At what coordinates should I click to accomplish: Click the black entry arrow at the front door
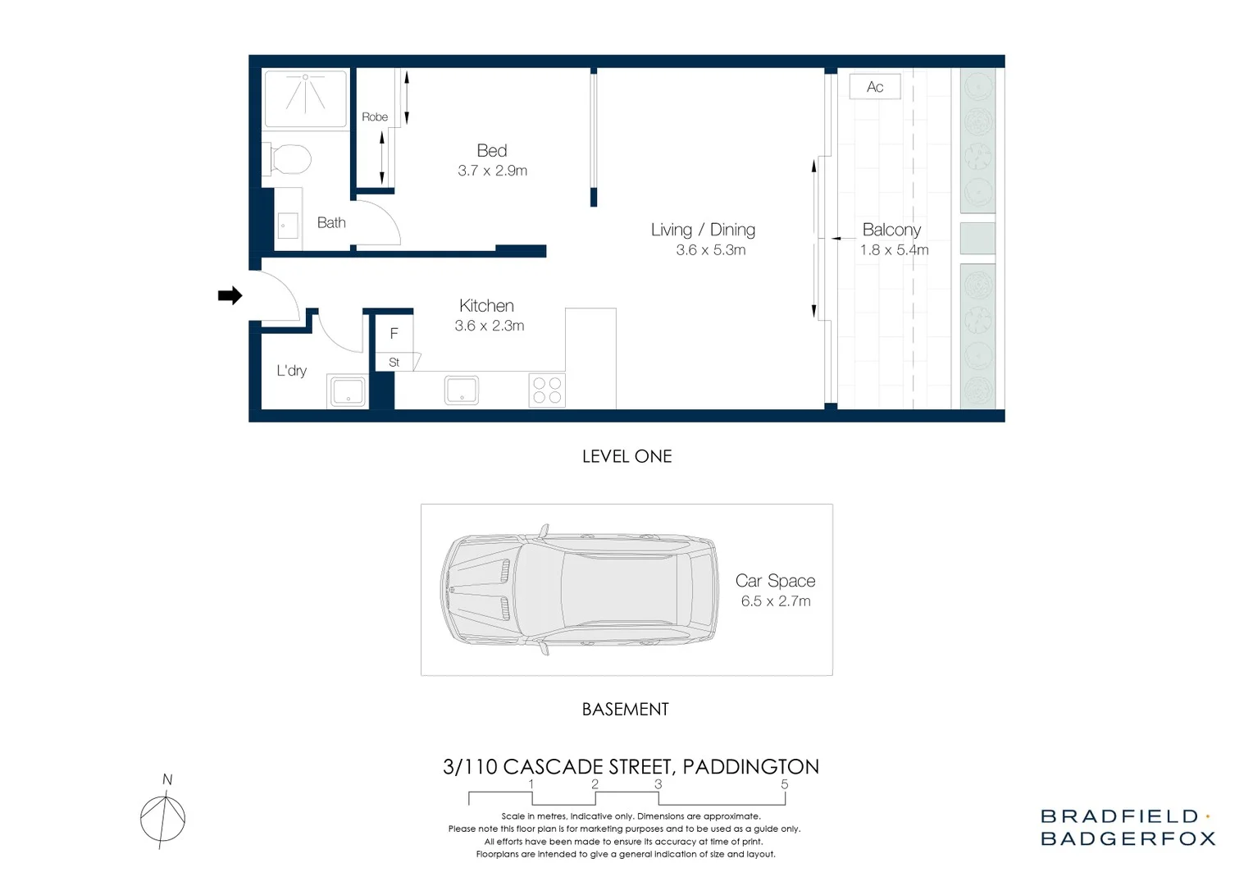[230, 295]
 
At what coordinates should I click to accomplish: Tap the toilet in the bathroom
[288, 159]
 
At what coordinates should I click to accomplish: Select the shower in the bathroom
[305, 98]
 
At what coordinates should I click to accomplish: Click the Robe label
[375, 117]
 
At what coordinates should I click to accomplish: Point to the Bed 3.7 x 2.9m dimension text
[492, 171]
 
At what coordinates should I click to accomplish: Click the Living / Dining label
[703, 230]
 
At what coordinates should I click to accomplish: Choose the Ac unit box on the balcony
[875, 87]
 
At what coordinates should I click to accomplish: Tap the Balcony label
[891, 230]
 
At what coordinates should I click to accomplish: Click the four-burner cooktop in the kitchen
[547, 390]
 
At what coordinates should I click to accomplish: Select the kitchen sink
[462, 390]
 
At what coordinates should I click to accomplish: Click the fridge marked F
[394, 334]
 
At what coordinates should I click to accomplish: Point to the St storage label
[394, 362]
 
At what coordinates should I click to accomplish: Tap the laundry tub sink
[348, 391]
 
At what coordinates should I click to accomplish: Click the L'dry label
[291, 371]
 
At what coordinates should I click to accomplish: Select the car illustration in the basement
[578, 590]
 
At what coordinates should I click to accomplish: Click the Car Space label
[775, 581]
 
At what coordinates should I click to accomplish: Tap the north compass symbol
[163, 817]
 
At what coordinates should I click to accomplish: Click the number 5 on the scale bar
[784, 784]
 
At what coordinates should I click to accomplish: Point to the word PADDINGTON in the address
[750, 767]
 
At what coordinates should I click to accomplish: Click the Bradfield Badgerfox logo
[1128, 827]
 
